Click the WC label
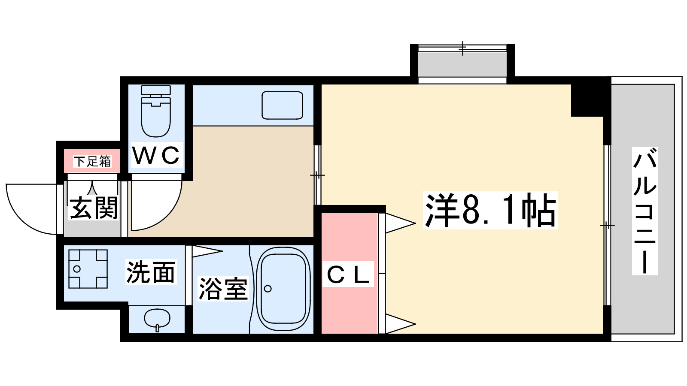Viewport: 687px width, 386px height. [x=155, y=155]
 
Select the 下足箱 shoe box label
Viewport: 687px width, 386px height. [x=92, y=161]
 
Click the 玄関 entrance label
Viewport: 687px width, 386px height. [x=94, y=208]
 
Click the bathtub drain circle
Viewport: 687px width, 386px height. [x=268, y=289]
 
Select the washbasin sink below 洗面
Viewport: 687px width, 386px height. [x=157, y=319]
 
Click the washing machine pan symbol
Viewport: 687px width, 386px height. [x=88, y=269]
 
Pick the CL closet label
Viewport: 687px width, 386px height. [x=348, y=274]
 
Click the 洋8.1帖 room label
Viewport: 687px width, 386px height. [x=490, y=210]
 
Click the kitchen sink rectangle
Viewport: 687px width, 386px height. [x=282, y=105]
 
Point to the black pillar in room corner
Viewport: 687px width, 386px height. [x=587, y=100]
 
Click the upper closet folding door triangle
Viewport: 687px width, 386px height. [x=399, y=223]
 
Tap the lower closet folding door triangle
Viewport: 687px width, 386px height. [x=399, y=323]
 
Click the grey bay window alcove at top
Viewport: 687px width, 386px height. [x=462, y=64]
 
